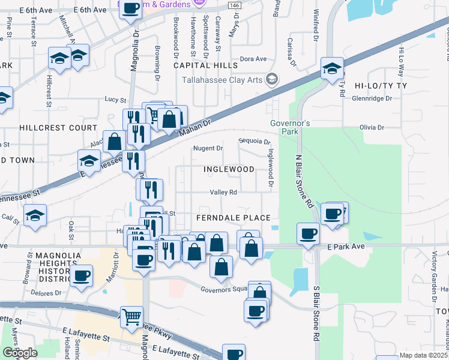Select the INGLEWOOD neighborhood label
pyautogui.click(x=229, y=169)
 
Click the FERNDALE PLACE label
pyautogui.click(x=234, y=217)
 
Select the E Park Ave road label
pyautogui.click(x=346, y=247)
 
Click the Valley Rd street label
pyautogui.click(x=223, y=193)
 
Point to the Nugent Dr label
pyautogui.click(x=208, y=148)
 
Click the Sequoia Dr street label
pyautogui.click(x=255, y=142)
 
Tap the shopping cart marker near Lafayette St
pyautogui.click(x=131, y=316)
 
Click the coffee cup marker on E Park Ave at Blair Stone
pyautogui.click(x=309, y=233)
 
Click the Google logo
pyautogui.click(x=20, y=353)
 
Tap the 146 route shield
pyautogui.click(x=235, y=5)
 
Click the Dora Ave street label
pyautogui.click(x=253, y=59)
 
